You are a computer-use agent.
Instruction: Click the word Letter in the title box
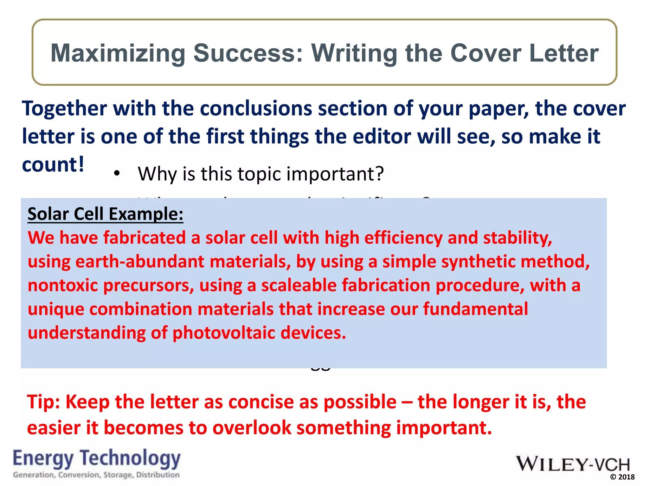pyautogui.click(x=564, y=53)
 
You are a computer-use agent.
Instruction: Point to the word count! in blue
pyautogui.click(x=53, y=165)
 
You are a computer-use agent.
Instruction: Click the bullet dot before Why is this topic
pyautogui.click(x=117, y=173)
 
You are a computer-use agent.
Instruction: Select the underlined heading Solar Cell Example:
pyautogui.click(x=105, y=214)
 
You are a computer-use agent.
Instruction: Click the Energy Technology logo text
pyautogui.click(x=97, y=458)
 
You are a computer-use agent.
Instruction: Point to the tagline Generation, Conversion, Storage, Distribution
pyautogui.click(x=96, y=475)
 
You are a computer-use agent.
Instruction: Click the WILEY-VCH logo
pyautogui.click(x=573, y=464)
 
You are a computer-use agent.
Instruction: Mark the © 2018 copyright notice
pyautogui.click(x=622, y=477)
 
